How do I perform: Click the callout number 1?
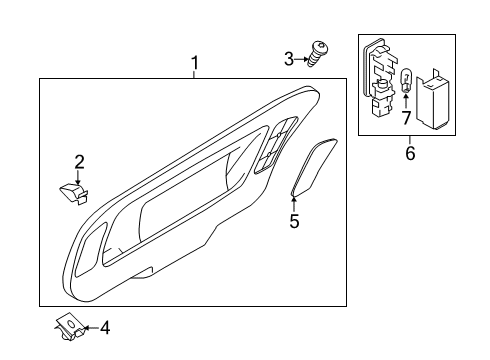[x=195, y=63]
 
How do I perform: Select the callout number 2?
[x=79, y=162]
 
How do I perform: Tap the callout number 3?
[x=289, y=59]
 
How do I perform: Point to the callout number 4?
[x=105, y=328]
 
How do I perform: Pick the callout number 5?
[x=294, y=221]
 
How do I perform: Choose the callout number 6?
[x=410, y=153]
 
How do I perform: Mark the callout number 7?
[x=406, y=118]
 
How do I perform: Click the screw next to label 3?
[x=317, y=54]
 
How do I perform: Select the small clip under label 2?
[x=75, y=193]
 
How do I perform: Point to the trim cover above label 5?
[x=313, y=167]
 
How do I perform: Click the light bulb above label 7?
[x=405, y=80]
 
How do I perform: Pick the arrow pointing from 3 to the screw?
[x=302, y=59]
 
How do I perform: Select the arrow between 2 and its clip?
[x=78, y=177]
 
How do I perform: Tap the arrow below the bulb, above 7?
[x=406, y=102]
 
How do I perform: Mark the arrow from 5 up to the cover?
[x=294, y=205]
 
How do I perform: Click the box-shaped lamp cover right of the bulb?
[x=432, y=99]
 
